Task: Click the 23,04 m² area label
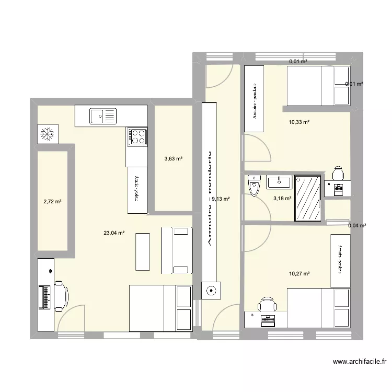(114, 234)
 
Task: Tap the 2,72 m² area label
(52, 201)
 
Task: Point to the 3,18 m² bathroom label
(282, 199)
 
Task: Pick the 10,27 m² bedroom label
(299, 273)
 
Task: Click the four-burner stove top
(137, 137)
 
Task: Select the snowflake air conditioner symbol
(47, 135)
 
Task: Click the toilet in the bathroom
(254, 186)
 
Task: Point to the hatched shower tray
(307, 197)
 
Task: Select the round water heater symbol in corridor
(212, 291)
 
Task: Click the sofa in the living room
(177, 250)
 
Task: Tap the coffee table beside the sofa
(143, 251)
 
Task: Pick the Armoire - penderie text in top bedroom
(255, 102)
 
